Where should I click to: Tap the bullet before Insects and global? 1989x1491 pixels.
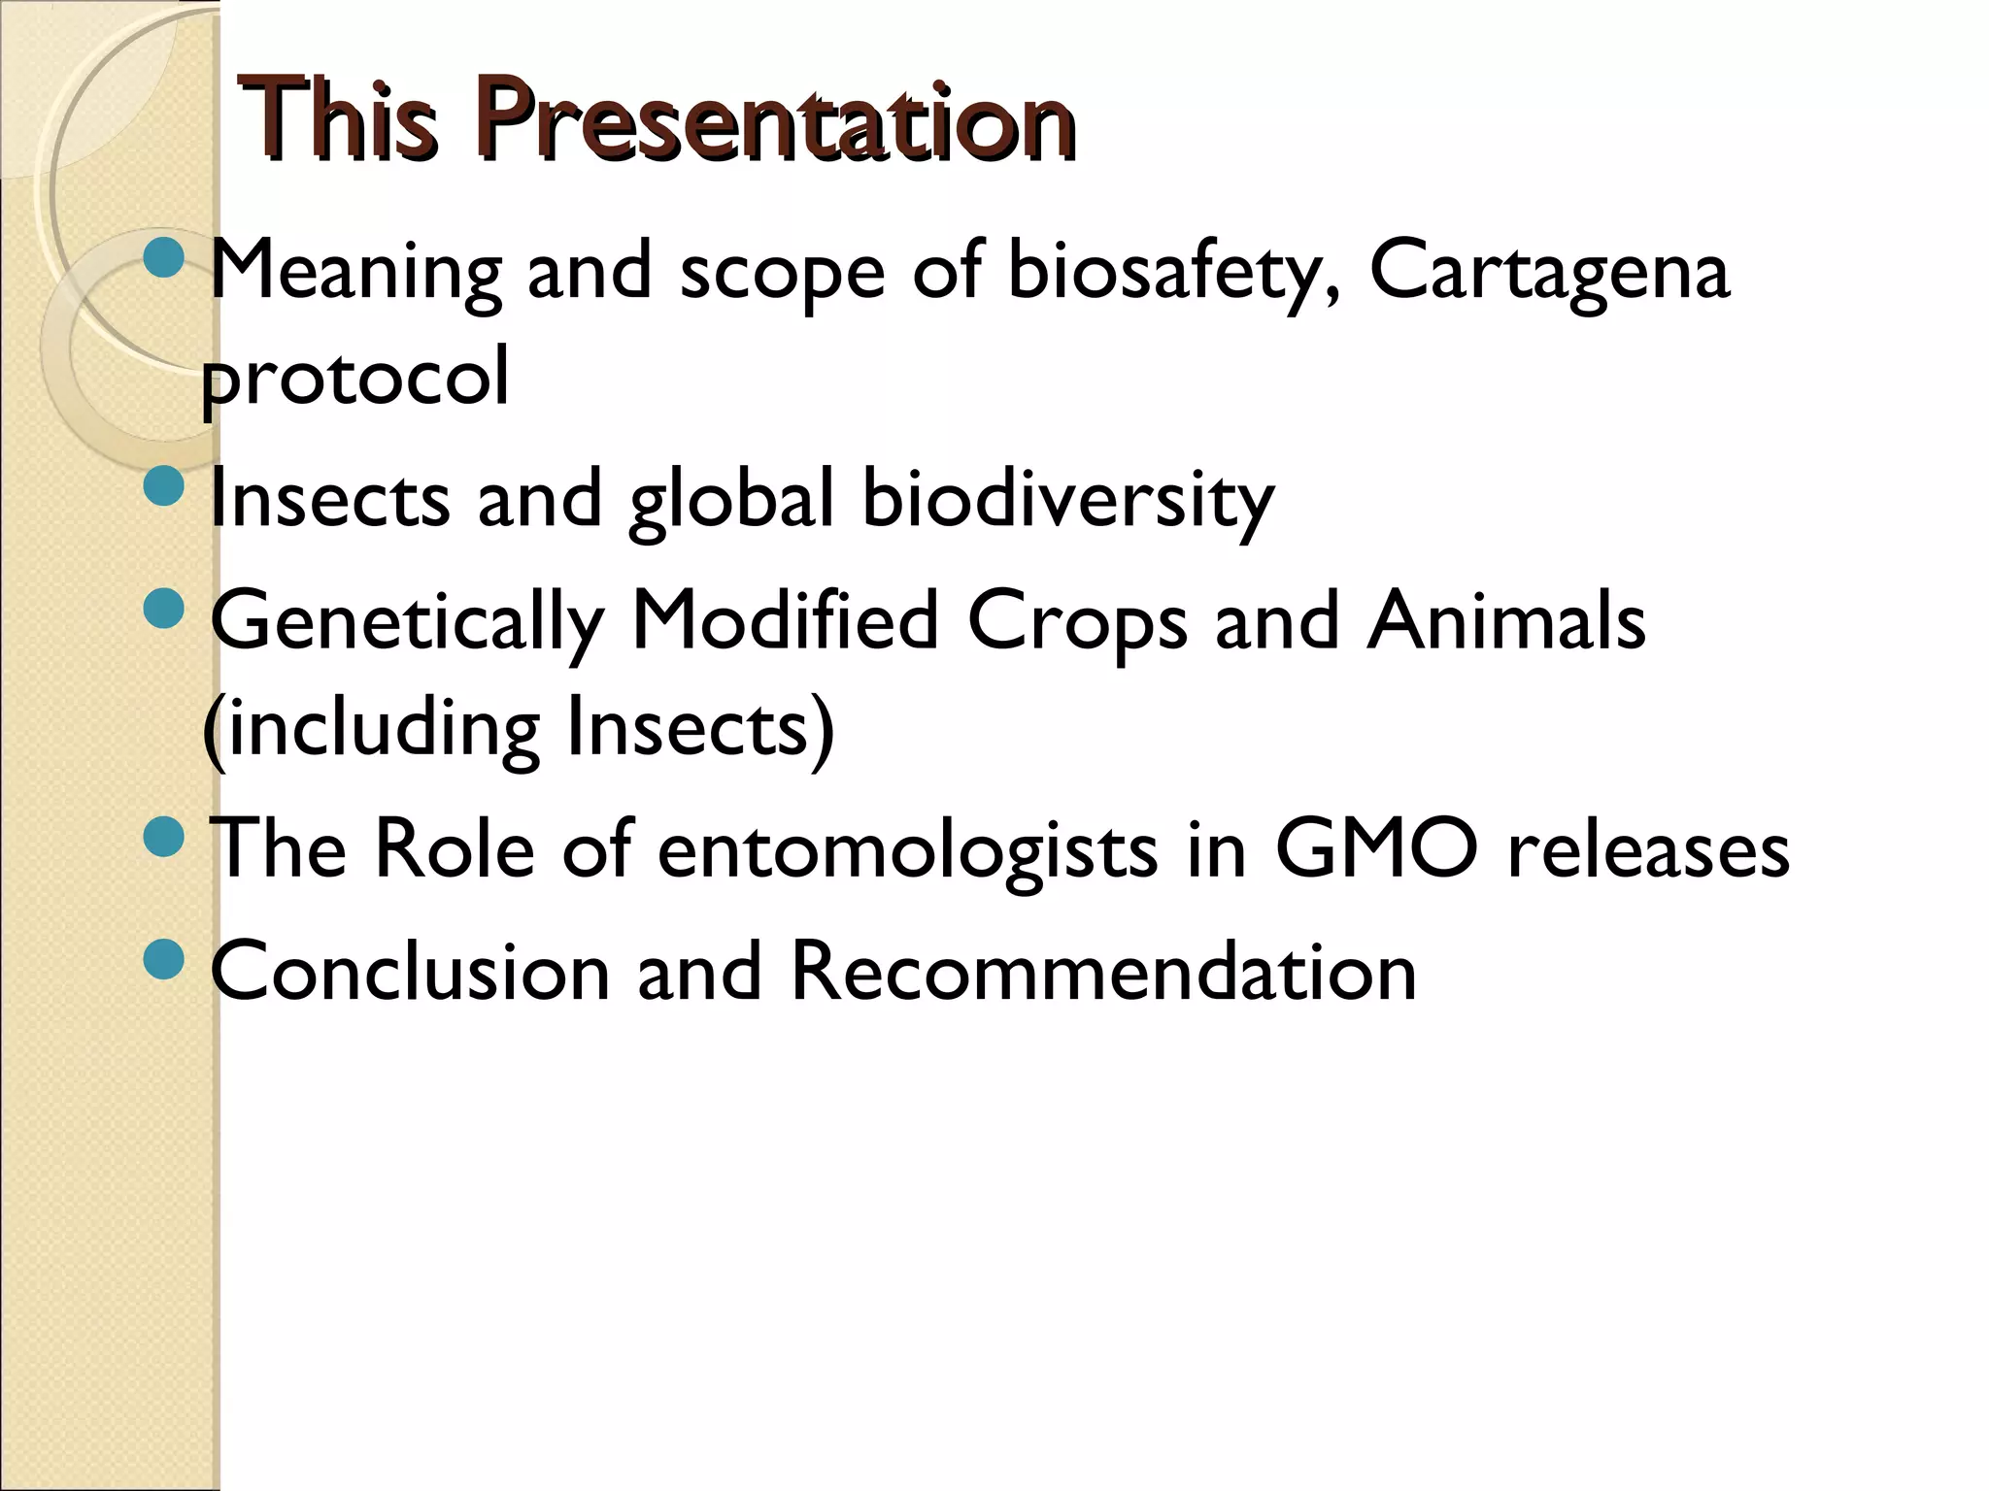162,486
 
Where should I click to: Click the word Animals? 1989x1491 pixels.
1506,622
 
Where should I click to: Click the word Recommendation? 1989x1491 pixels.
1103,973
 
